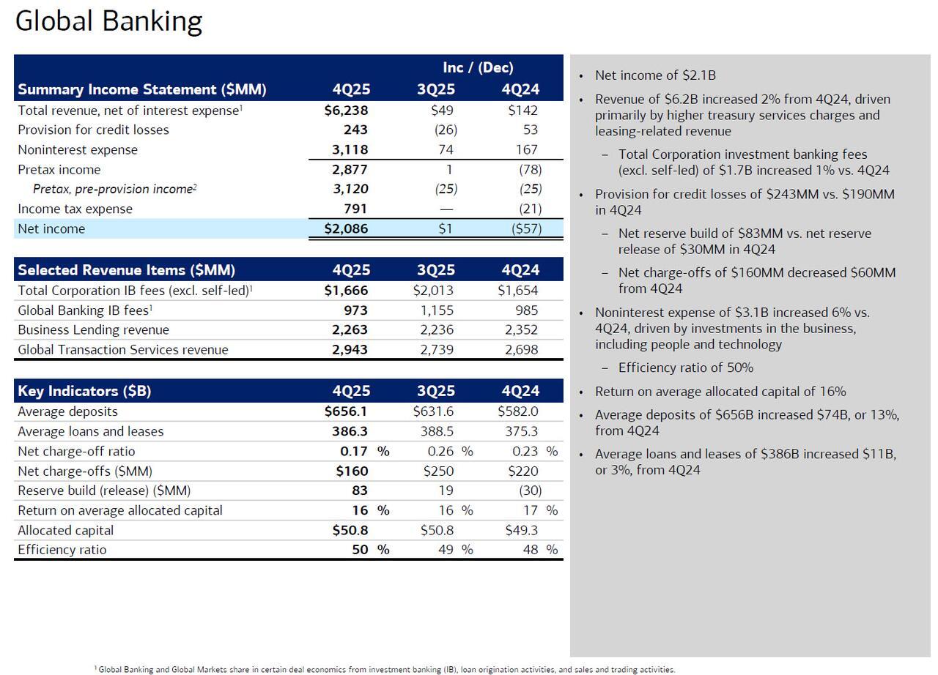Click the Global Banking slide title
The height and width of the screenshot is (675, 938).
(x=108, y=21)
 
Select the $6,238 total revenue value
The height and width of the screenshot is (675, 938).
(x=346, y=111)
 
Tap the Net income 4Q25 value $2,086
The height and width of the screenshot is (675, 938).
(x=346, y=228)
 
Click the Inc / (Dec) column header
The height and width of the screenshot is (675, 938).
(x=478, y=67)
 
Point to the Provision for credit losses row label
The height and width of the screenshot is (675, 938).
(x=93, y=130)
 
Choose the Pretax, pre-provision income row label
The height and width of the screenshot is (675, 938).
(x=114, y=189)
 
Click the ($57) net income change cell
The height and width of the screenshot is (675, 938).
(x=526, y=228)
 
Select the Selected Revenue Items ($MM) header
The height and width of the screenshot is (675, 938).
(x=126, y=269)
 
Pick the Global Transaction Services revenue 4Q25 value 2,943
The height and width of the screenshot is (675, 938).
(x=350, y=349)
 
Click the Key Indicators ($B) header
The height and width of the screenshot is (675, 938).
(x=84, y=391)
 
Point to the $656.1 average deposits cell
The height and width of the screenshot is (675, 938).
(x=346, y=411)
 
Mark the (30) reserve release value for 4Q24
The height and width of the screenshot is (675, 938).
(x=530, y=491)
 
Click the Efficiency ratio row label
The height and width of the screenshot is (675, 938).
(x=62, y=550)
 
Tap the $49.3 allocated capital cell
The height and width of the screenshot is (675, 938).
(x=521, y=530)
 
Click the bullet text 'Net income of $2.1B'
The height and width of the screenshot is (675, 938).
(x=655, y=75)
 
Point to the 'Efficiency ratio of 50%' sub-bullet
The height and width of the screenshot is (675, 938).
(x=685, y=368)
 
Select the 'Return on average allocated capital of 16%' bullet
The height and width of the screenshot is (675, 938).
(x=720, y=392)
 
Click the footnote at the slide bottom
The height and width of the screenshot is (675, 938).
(x=385, y=669)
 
